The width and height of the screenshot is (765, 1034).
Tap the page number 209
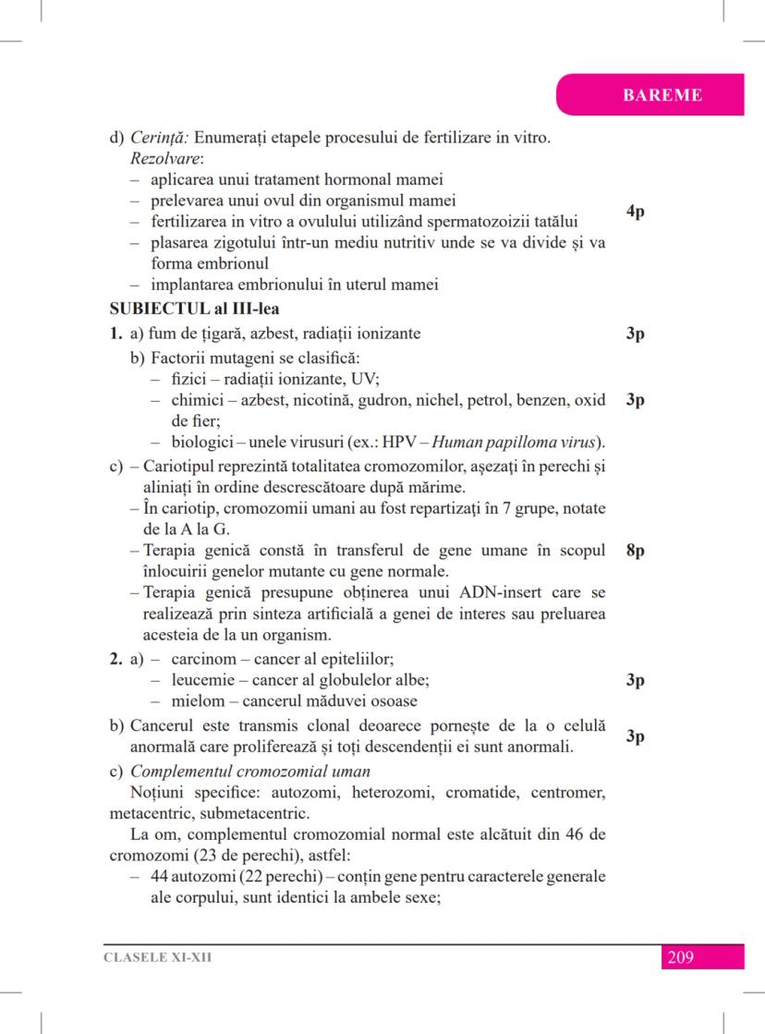point(679,957)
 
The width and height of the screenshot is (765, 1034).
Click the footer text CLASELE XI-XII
point(157,957)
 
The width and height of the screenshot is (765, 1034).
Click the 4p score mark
point(635,212)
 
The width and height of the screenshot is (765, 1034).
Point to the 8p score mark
point(635,552)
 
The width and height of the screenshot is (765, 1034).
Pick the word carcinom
point(202,660)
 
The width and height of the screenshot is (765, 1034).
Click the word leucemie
point(203,680)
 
